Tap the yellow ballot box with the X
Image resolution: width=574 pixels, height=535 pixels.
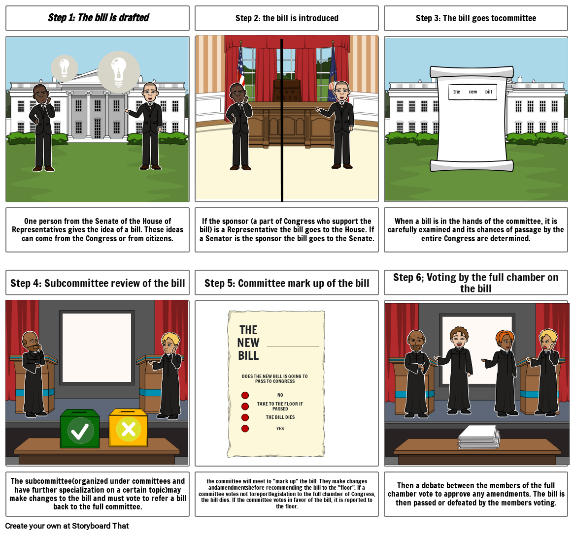point(128,428)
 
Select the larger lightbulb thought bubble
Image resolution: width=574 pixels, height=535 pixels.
point(119,72)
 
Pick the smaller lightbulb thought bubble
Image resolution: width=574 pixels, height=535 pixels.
point(65,68)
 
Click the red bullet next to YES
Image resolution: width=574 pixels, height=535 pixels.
point(245,429)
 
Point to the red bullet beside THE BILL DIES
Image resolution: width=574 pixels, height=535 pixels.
point(245,417)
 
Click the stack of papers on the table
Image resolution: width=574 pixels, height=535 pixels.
point(478,437)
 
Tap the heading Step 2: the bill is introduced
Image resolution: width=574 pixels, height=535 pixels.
point(287,18)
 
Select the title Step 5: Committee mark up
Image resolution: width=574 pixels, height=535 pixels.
point(287,283)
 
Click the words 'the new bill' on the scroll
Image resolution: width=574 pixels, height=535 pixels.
point(473,92)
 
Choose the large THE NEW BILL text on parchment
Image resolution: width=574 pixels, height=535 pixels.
point(248,343)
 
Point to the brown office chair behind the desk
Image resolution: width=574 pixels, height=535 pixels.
point(287,91)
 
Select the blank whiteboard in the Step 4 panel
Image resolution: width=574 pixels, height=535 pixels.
point(97,347)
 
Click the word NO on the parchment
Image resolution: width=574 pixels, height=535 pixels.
point(280,395)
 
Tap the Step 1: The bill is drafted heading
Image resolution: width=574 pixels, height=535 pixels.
point(98,18)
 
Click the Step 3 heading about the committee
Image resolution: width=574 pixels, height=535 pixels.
point(476,18)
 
